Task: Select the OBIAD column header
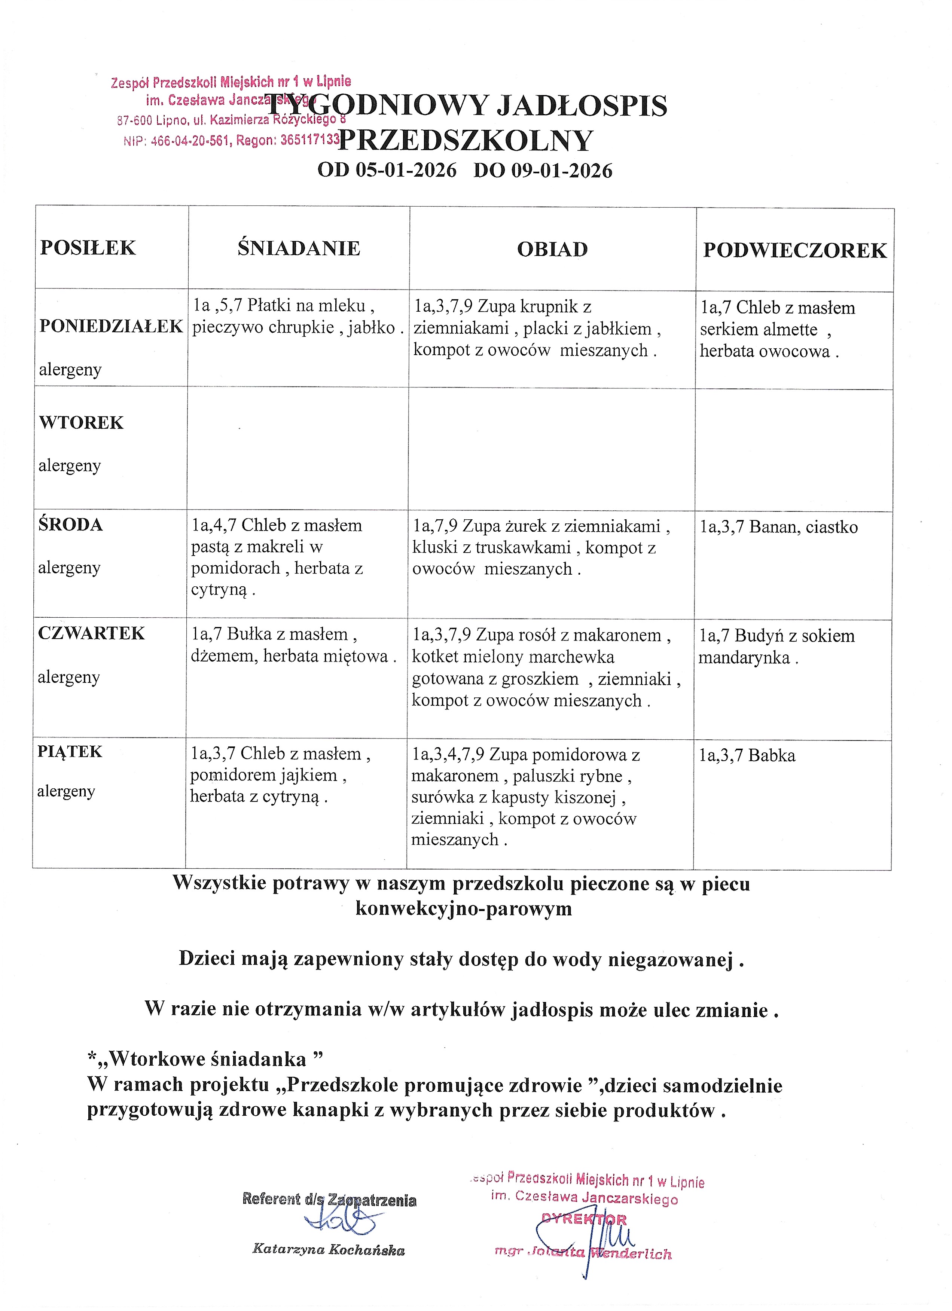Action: [x=552, y=249]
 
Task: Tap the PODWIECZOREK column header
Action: [x=794, y=250]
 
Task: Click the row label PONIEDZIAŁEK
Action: [x=111, y=326]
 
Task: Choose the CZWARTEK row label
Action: [x=91, y=633]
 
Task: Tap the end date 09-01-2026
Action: [x=561, y=171]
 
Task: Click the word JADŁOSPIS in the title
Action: [x=582, y=106]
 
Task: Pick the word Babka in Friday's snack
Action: [x=772, y=755]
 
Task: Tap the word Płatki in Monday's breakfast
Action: [x=268, y=305]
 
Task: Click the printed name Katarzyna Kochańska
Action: [x=328, y=1249]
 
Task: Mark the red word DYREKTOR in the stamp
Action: [x=584, y=1220]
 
